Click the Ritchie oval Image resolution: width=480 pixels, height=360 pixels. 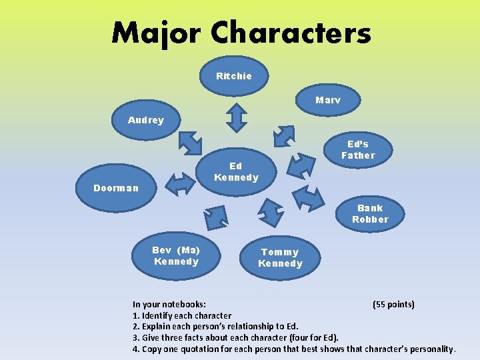tap(234, 76)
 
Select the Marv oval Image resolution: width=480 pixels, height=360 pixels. tap(327, 100)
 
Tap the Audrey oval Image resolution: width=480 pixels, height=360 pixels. tap(145, 120)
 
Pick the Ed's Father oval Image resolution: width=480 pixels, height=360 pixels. tap(358, 150)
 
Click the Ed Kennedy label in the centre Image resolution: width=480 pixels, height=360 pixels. tap(235, 171)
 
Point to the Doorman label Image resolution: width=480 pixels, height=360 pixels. tap(116, 188)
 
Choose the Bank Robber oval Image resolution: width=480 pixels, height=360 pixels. tap(370, 213)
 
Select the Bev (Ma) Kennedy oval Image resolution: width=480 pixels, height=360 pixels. tap(175, 255)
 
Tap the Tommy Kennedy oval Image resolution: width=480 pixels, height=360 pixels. tap(280, 257)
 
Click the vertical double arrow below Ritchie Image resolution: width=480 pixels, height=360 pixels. tap(235, 118)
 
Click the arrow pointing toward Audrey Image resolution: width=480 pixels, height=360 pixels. tap(190, 141)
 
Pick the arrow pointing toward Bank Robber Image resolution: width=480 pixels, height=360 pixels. tap(308, 197)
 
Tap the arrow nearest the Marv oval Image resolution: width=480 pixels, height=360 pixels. tap(284, 135)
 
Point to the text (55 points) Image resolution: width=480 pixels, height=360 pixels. tap(393, 304)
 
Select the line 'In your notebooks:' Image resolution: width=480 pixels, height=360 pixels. tap(169, 304)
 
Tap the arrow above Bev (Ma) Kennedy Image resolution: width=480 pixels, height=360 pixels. tap(215, 217)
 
